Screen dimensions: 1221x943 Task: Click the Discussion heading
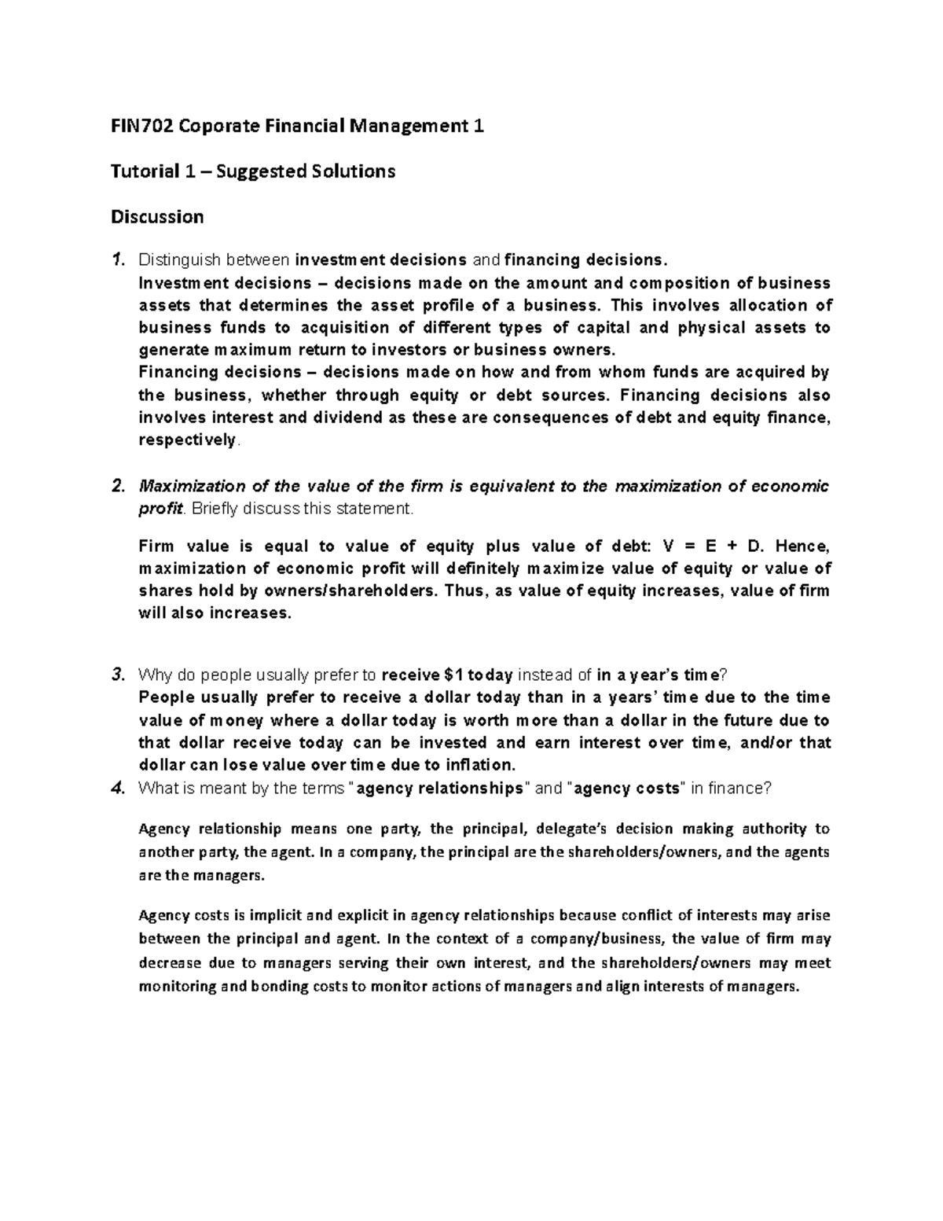(x=157, y=217)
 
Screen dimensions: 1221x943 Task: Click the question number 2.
(x=117, y=487)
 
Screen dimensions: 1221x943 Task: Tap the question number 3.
(x=117, y=675)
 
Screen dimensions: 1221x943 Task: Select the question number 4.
(x=117, y=789)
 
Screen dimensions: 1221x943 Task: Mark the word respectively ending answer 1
(x=186, y=440)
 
